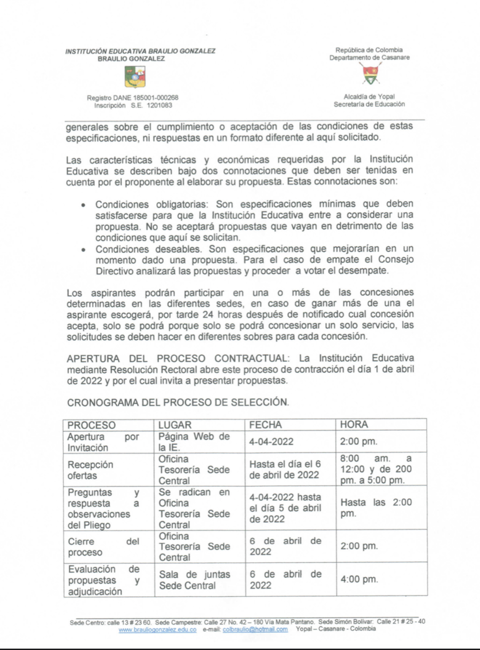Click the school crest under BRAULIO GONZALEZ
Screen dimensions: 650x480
coord(135,77)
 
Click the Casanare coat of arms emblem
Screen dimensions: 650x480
coord(371,74)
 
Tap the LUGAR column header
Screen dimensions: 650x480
coord(175,425)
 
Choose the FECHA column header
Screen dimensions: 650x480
coord(265,425)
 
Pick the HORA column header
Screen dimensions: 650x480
coord(354,425)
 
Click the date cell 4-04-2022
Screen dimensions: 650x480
coord(271,442)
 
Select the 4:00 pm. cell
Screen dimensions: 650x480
coord(359,579)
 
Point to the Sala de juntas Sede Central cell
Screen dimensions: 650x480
coord(195,580)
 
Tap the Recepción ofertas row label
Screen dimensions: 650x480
coord(90,470)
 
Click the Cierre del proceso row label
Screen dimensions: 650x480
coord(103,547)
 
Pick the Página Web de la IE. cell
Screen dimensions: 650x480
coord(194,442)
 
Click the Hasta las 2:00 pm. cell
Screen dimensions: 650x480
coord(376,507)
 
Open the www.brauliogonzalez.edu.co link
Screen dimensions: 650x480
coord(157,630)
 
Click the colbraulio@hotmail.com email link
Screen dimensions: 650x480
coord(255,630)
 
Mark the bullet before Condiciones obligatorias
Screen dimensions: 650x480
coord(83,205)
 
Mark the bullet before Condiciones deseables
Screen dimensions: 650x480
coord(83,250)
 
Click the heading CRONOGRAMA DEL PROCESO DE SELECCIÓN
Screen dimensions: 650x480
coord(178,402)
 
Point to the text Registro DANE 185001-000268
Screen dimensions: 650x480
coord(132,98)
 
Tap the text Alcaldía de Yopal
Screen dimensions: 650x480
coord(369,97)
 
